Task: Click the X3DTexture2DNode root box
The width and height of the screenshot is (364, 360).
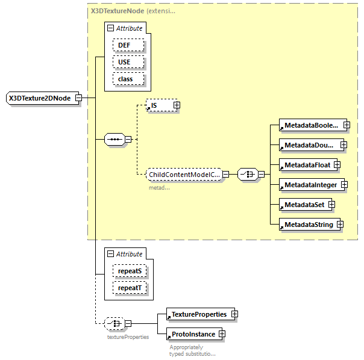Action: [x=39, y=98]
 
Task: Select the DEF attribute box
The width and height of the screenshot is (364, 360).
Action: [x=124, y=45]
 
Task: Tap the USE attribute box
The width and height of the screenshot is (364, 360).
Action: [x=124, y=62]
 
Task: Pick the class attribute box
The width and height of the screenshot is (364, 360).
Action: [x=125, y=79]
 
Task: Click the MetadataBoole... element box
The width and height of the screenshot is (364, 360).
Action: [x=311, y=125]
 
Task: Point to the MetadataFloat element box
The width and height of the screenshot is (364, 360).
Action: [x=306, y=165]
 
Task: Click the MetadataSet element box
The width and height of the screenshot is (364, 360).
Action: [x=303, y=205]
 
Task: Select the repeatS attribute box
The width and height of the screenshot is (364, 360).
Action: [x=130, y=272]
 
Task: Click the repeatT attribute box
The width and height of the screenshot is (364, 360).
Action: [x=130, y=288]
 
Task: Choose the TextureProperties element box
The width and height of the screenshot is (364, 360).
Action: [x=198, y=314]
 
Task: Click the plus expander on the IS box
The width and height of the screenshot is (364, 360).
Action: [x=177, y=105]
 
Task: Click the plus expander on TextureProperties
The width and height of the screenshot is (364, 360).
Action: [x=234, y=314]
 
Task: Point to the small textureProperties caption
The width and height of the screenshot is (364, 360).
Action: [x=128, y=337]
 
